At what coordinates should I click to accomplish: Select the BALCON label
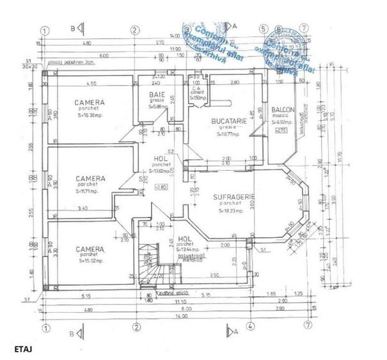282,109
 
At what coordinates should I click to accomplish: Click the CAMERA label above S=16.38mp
89,102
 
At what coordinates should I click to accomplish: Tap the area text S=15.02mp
89,261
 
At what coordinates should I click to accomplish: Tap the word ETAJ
23,349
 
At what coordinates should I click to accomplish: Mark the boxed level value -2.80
161,185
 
